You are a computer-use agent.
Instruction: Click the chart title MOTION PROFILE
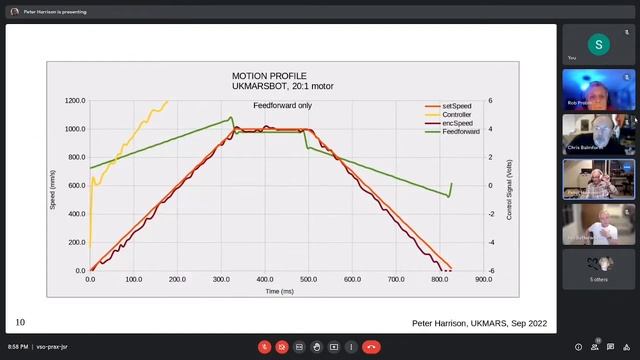[269, 76]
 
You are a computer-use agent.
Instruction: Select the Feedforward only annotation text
[282, 105]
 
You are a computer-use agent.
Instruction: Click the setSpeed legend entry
[455, 106]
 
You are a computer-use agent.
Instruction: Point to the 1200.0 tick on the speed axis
[75, 101]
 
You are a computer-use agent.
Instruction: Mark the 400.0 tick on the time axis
[265, 280]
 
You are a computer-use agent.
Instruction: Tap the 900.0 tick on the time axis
[483, 280]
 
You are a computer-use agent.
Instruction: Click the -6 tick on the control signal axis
[492, 271]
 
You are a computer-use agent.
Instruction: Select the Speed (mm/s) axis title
[54, 186]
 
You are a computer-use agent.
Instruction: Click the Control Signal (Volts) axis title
[509, 186]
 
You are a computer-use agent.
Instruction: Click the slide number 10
[20, 322]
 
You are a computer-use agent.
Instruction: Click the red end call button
[371, 347]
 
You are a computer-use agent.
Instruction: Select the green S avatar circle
[598, 44]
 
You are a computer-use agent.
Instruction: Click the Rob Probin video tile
[598, 89]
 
